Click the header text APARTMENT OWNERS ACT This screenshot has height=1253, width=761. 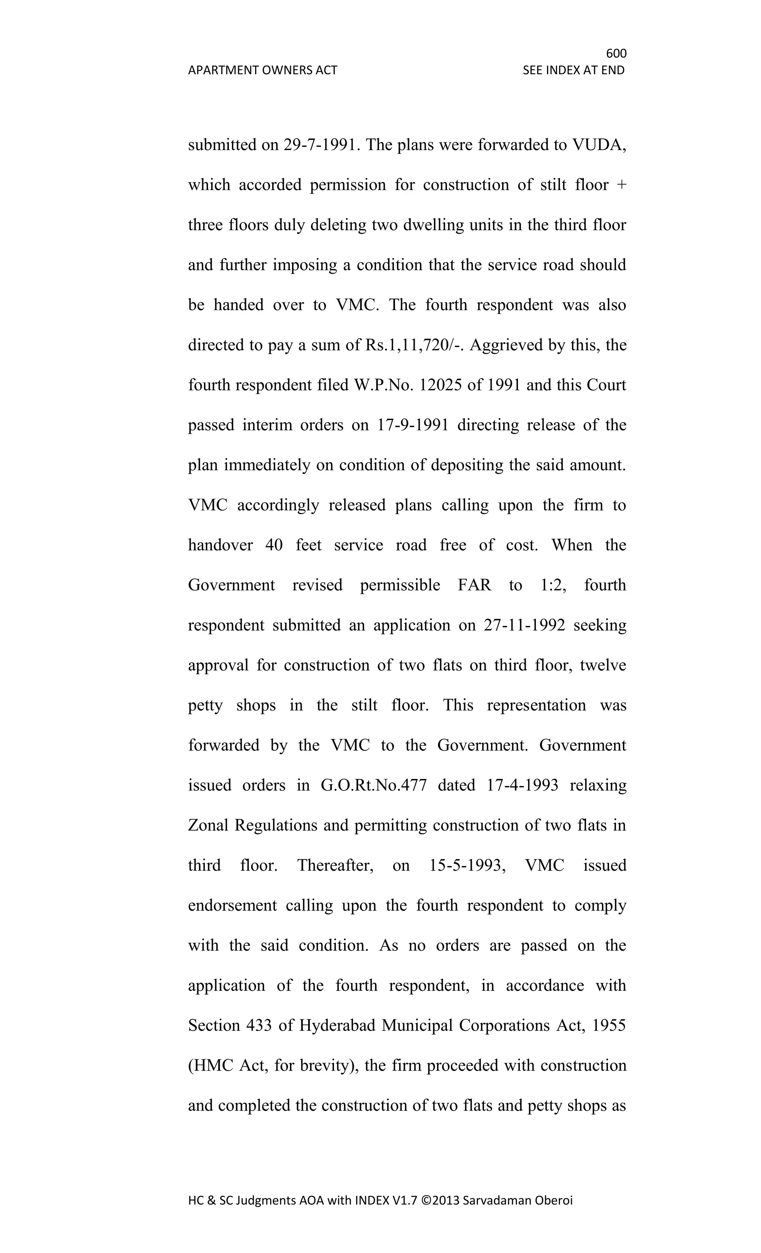point(262,70)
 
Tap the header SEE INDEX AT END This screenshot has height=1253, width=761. point(573,70)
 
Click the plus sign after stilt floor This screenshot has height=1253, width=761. point(621,185)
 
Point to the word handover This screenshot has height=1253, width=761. point(220,545)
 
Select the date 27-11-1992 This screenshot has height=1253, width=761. point(524,625)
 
